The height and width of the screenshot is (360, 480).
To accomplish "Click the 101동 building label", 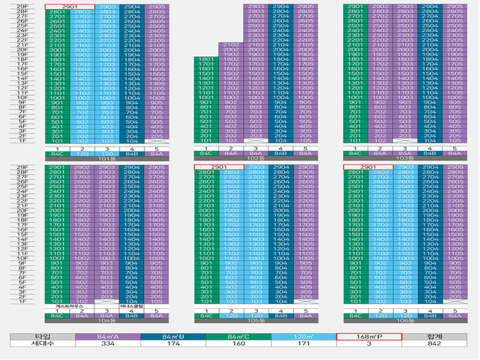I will click(106, 159).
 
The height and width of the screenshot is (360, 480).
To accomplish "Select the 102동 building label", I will click(256, 159).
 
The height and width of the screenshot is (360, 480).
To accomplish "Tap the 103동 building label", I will click(404, 159).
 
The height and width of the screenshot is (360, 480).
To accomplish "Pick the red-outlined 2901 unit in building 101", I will click(70, 6).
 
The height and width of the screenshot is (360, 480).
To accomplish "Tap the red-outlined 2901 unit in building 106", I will click(367, 167).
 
